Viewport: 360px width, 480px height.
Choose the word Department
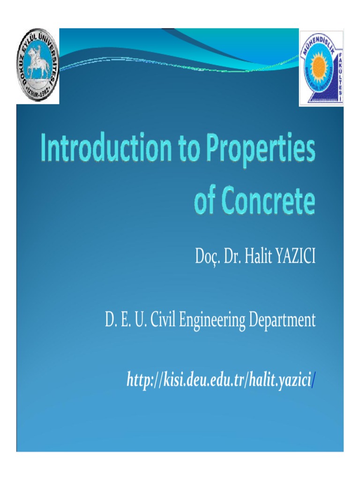(x=282, y=322)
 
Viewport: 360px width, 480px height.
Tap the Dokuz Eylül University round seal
(x=38, y=66)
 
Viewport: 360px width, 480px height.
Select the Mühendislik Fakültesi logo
(x=321, y=68)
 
